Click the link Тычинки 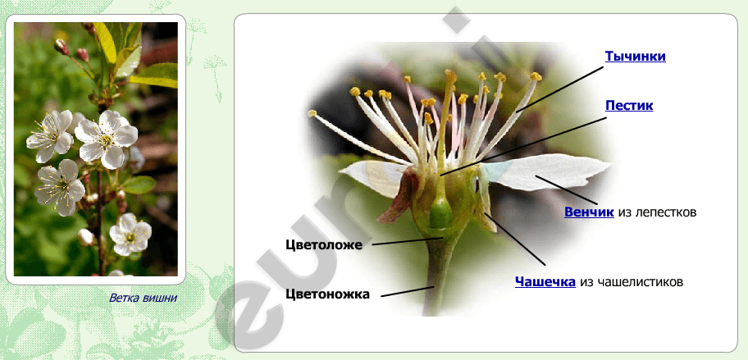pyautogui.click(x=635, y=57)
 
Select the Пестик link pyautogui.click(x=629, y=106)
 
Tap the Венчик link pyautogui.click(x=589, y=212)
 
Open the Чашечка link pyautogui.click(x=545, y=282)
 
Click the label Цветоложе pyautogui.click(x=324, y=245)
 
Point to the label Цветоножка pyautogui.click(x=327, y=294)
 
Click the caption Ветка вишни pyautogui.click(x=143, y=298)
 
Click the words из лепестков pyautogui.click(x=657, y=212)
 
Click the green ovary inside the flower pyautogui.click(x=440, y=213)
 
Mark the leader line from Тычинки pyautogui.click(x=560, y=89)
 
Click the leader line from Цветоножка pyautogui.click(x=407, y=291)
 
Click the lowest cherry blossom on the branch pyautogui.click(x=130, y=234)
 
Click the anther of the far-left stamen pyautogui.click(x=312, y=113)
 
